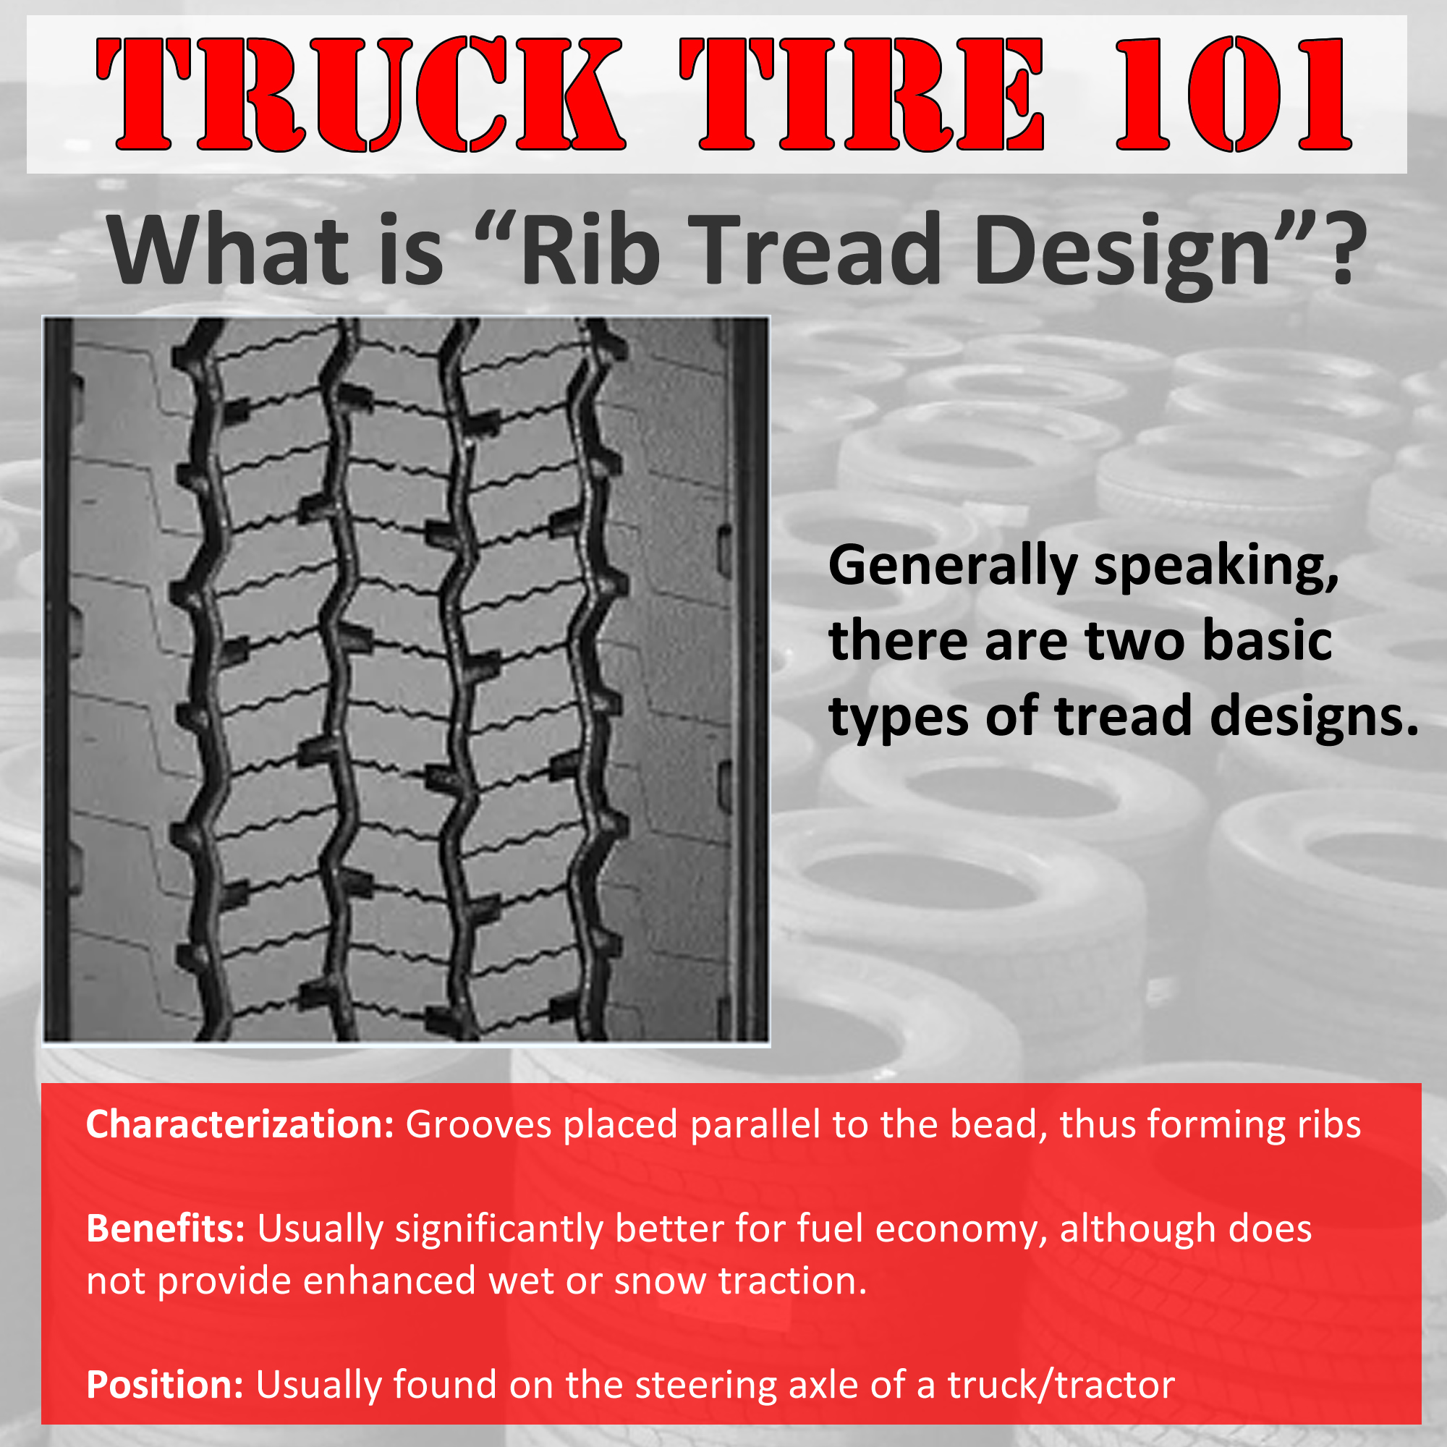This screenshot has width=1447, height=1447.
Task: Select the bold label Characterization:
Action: pos(239,1125)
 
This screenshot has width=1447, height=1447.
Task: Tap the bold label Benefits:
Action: pos(166,1229)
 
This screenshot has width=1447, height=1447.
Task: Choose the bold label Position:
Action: pos(165,1384)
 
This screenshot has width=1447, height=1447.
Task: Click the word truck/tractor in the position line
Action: pos(1061,1385)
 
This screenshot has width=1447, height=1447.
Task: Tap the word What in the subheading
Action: pos(228,249)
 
